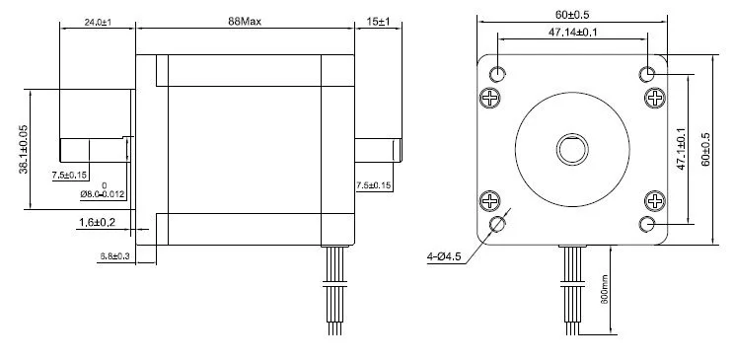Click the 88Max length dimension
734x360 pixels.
(x=245, y=21)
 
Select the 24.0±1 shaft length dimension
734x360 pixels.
(x=98, y=22)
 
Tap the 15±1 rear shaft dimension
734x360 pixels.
(x=378, y=22)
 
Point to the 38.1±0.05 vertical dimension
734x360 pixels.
(x=24, y=149)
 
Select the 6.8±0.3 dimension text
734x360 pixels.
(x=114, y=256)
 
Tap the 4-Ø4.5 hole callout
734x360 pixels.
(x=444, y=256)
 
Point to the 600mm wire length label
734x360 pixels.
(x=604, y=288)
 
